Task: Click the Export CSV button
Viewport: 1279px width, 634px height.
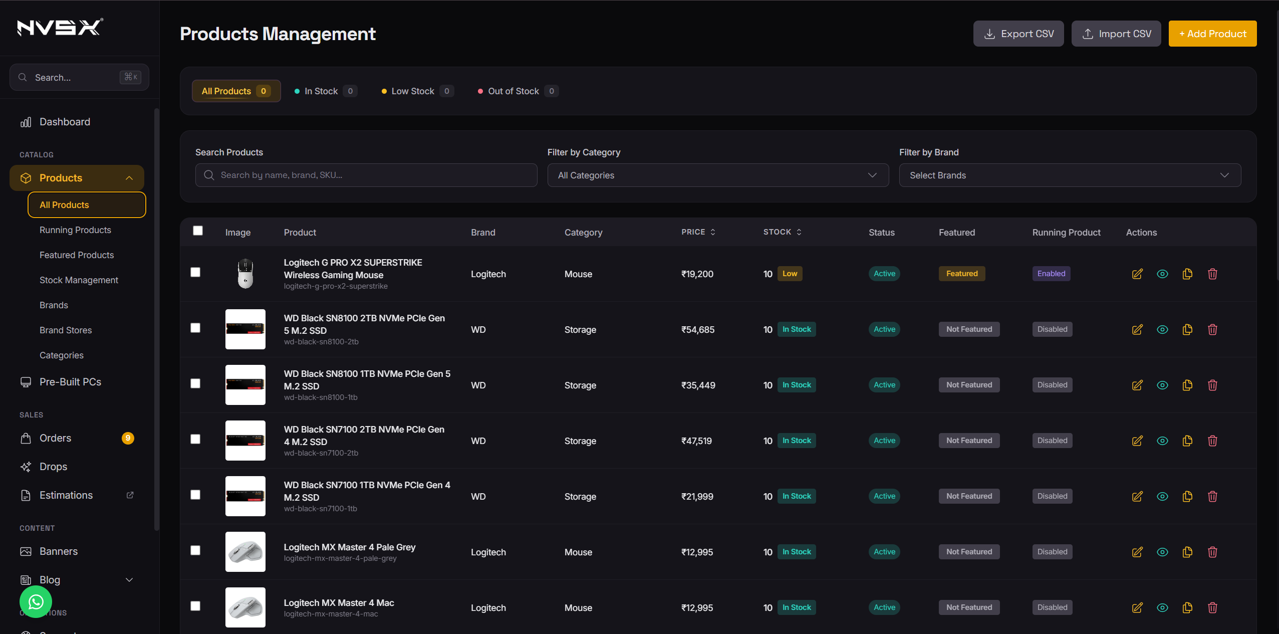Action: (x=1018, y=34)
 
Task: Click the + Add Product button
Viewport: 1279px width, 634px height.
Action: (x=1212, y=34)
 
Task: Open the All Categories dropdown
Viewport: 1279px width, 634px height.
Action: (x=717, y=175)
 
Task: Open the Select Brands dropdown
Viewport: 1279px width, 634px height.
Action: (x=1070, y=175)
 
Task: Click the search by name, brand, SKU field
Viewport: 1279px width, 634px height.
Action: (x=366, y=175)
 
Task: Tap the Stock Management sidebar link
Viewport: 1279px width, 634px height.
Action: (x=79, y=280)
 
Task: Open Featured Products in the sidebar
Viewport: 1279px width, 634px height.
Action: (x=77, y=255)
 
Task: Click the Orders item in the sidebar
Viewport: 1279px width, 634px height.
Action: (x=55, y=438)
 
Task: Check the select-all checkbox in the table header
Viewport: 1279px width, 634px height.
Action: (x=198, y=231)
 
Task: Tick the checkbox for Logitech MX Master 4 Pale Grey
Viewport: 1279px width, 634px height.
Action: (x=195, y=550)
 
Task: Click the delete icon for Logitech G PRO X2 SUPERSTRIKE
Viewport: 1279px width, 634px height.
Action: (x=1212, y=274)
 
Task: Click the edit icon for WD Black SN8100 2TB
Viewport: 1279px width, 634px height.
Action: (x=1137, y=329)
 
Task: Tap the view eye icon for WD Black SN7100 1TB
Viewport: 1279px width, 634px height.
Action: (x=1162, y=496)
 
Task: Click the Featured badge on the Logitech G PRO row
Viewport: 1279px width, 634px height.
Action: (x=961, y=274)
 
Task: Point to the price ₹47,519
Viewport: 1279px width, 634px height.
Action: (x=696, y=441)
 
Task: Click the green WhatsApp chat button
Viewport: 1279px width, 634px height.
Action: (x=36, y=602)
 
